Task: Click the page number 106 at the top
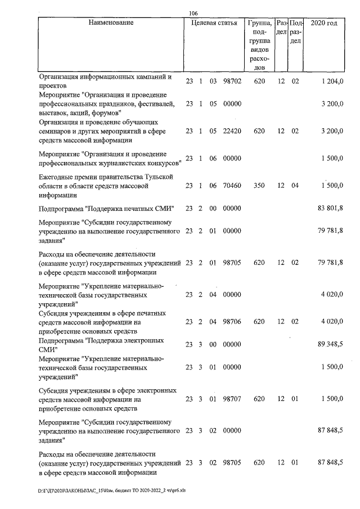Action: click(x=193, y=13)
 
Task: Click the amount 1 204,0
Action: click(x=332, y=82)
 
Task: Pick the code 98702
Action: click(x=232, y=82)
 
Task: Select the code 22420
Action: click(x=232, y=131)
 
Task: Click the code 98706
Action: click(x=232, y=322)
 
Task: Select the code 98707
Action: click(x=232, y=399)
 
